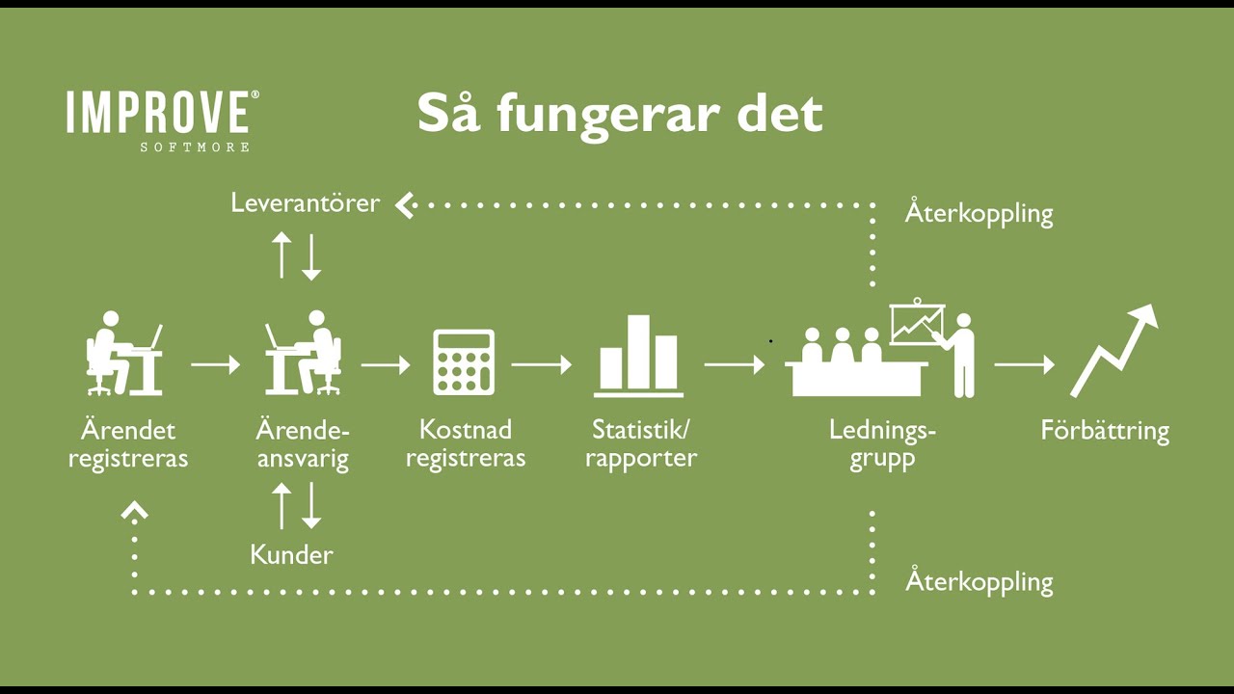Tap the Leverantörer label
pos(306,203)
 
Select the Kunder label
pos(291,555)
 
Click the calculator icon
pos(464,361)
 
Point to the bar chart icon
pos(638,356)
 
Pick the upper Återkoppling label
pos(979,213)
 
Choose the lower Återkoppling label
pos(979,582)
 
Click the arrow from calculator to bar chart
pos(541,365)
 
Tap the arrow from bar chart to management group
pos(734,365)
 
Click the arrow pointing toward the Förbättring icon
pos(1024,365)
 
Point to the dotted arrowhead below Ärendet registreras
pos(134,512)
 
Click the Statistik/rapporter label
pos(641,443)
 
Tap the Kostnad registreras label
pos(466,443)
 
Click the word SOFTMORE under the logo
pos(195,147)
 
